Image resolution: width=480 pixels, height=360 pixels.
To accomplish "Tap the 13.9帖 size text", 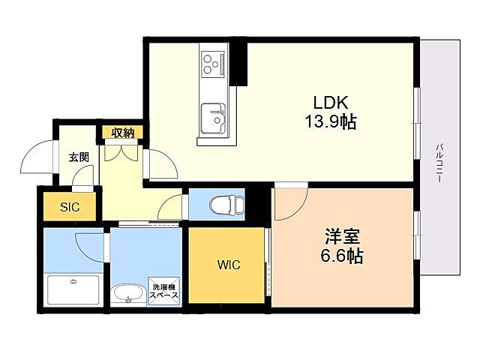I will point(330,122).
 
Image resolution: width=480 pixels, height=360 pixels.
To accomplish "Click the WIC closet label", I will point(229,265).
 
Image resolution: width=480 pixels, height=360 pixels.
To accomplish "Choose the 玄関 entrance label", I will point(79,157).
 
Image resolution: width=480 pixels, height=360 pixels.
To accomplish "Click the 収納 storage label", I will point(123,133).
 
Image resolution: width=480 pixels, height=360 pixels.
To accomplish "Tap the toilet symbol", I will point(226,204).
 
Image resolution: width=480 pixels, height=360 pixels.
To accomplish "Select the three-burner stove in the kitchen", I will point(214,64).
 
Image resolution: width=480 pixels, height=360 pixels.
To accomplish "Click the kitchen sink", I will point(214,117).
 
